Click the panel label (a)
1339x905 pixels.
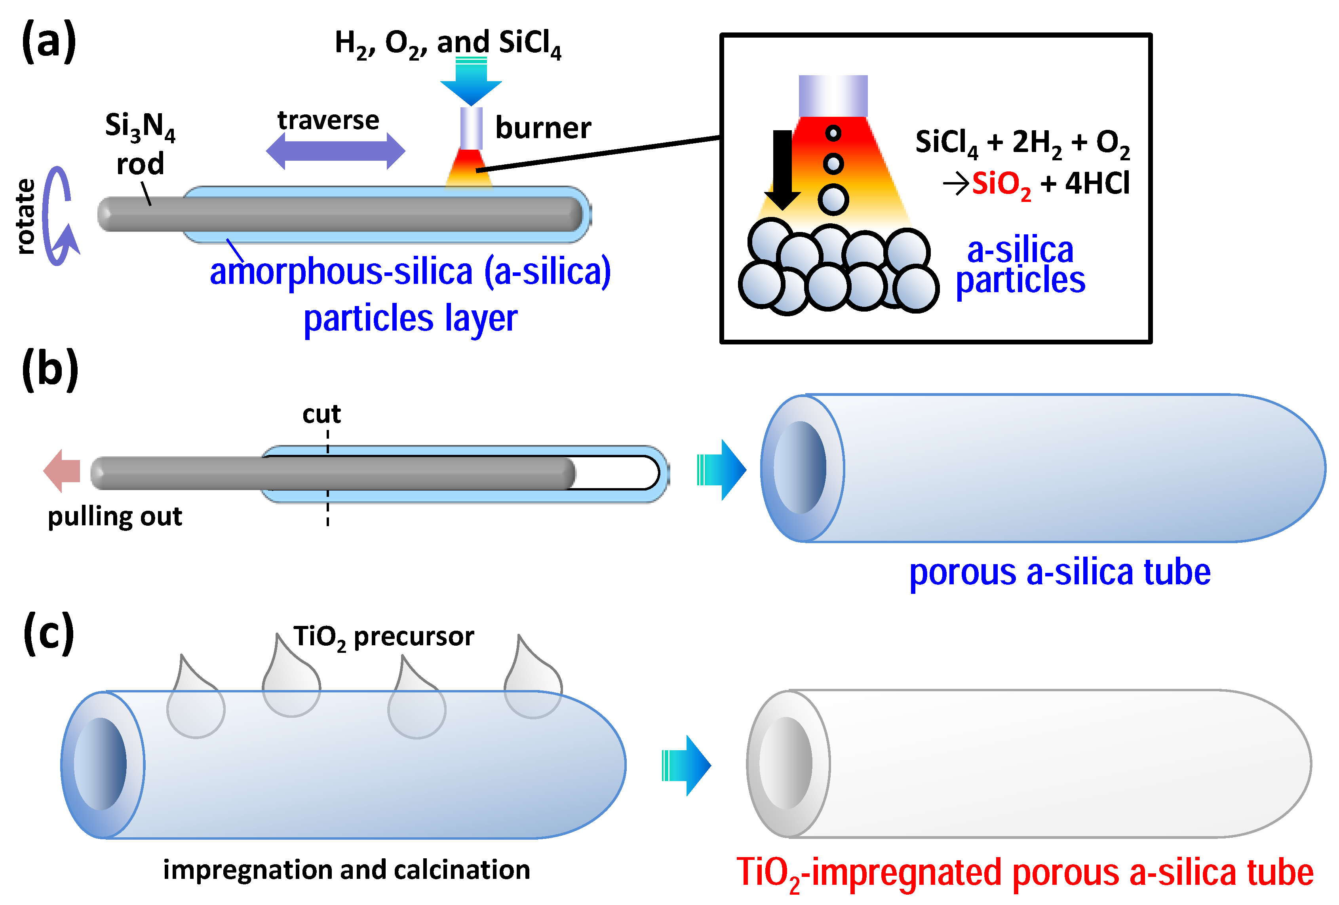click(49, 42)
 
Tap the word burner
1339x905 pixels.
click(543, 127)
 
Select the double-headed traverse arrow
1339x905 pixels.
click(335, 151)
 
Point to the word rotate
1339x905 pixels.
click(25, 216)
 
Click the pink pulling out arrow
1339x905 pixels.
click(62, 471)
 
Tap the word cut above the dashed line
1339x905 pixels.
click(321, 414)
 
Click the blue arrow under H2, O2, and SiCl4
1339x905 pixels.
click(471, 82)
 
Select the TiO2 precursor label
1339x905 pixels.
click(384, 637)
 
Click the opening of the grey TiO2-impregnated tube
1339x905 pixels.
click(786, 763)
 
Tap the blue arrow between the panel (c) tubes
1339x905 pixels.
click(687, 765)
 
